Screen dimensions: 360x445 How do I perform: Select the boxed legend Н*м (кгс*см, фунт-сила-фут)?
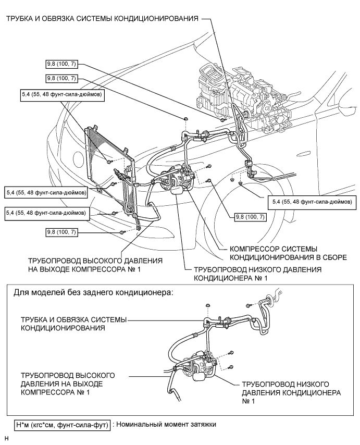62,425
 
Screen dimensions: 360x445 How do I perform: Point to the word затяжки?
204,425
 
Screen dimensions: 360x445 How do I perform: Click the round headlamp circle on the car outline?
78,157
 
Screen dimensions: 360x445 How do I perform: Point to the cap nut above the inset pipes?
208,305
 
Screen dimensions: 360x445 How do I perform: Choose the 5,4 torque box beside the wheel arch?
312,202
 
